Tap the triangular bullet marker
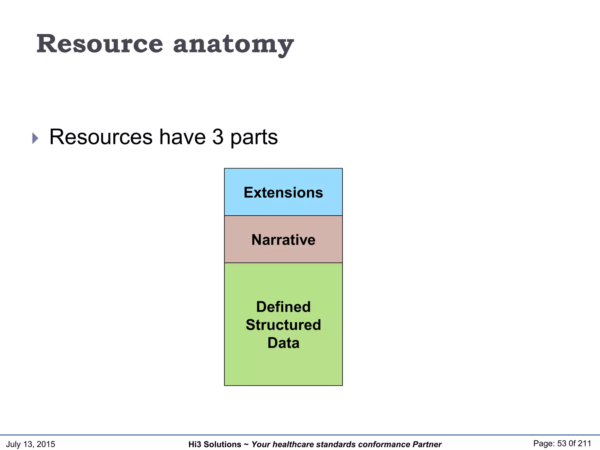pos(35,138)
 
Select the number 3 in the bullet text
pos(218,137)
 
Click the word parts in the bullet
pos(254,137)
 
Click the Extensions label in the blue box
pos(283,192)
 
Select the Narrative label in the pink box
pos(283,240)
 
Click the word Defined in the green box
pos(283,307)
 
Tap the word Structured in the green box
pos(283,325)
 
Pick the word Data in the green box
pos(283,343)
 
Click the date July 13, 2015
pos(30,444)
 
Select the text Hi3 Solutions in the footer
pos(215,444)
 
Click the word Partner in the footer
pos(427,444)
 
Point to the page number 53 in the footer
pos(562,444)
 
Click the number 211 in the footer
pos(585,444)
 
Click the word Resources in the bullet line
pos(101,137)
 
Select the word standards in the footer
pos(336,444)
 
